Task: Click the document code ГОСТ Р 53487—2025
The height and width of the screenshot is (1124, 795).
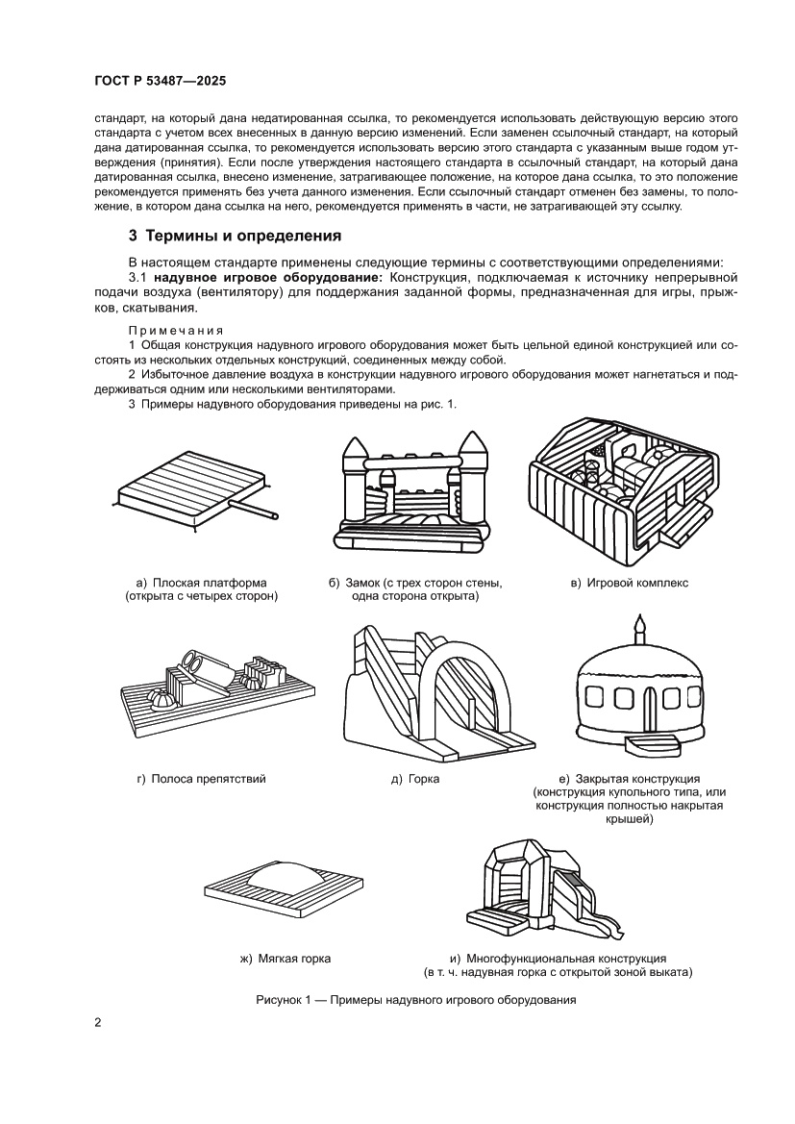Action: click(x=160, y=82)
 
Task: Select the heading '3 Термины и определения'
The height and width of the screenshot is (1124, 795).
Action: click(x=236, y=236)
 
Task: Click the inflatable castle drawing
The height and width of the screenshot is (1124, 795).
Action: click(x=414, y=496)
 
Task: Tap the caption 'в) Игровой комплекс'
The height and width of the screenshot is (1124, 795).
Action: click(x=630, y=583)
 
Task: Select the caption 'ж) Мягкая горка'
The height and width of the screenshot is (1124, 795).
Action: click(x=285, y=958)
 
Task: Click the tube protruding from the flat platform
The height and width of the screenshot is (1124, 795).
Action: click(x=256, y=509)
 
